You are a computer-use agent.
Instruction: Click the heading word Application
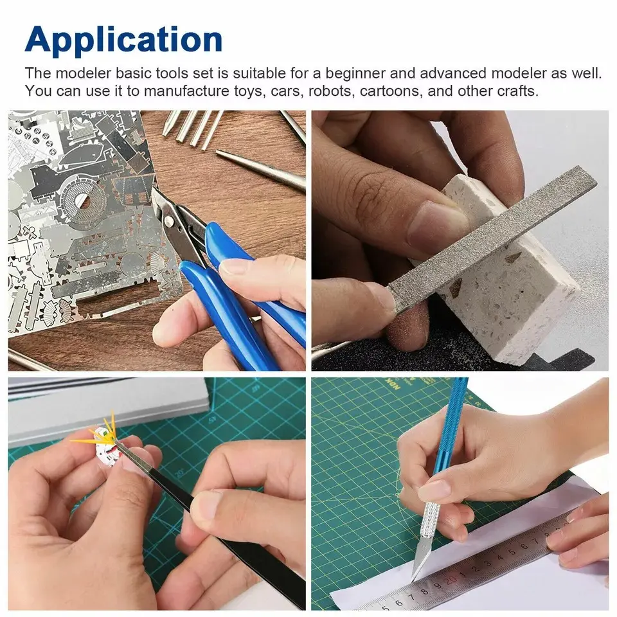click(123, 40)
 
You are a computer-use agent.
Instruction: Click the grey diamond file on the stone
click(492, 239)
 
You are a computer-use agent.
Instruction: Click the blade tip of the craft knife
click(412, 580)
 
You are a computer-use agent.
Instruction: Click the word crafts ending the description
click(517, 91)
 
